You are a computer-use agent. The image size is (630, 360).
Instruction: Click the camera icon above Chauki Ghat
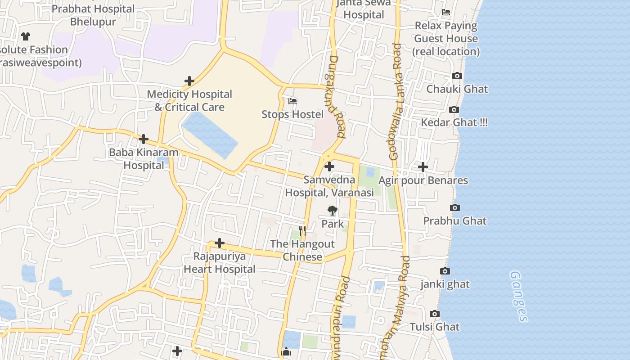coord(457,76)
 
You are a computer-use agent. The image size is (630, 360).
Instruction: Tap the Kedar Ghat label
coord(454,122)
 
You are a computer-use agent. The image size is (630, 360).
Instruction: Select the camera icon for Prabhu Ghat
coord(455,207)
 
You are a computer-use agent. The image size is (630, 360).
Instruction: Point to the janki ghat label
coord(445,284)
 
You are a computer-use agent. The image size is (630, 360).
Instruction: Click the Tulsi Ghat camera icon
coord(435,314)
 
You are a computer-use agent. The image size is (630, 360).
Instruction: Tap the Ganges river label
coord(518,296)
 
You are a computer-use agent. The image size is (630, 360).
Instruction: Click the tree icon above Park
coord(332,210)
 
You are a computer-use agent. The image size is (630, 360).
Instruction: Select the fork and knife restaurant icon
coord(302,231)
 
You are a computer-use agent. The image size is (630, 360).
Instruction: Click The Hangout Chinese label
coord(302,250)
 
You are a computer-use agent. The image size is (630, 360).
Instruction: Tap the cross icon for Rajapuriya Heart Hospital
coord(220,243)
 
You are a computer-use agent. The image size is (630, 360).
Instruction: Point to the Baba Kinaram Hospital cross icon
coord(144,139)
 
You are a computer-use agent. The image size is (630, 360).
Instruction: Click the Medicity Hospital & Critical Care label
coord(189,100)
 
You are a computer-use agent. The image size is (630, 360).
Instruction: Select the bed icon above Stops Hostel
coord(292,101)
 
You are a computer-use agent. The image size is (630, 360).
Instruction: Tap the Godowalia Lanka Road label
coord(395,102)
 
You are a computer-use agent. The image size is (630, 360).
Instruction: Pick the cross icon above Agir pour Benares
coord(423,167)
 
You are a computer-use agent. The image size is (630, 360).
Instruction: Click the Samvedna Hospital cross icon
coord(329,166)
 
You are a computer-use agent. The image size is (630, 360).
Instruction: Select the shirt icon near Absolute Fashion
coord(26,36)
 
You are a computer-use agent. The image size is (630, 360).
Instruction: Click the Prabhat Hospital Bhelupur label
coord(93,15)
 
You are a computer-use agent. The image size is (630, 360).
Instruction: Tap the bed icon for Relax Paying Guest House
coord(446,12)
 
